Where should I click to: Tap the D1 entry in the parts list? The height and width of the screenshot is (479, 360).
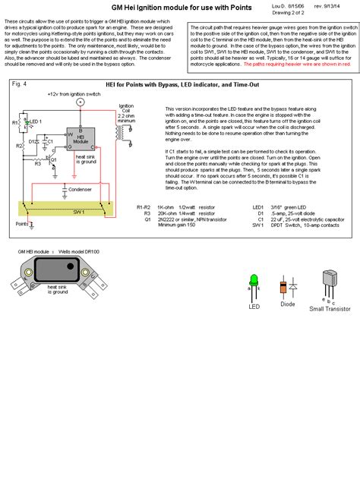coord(281,213)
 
